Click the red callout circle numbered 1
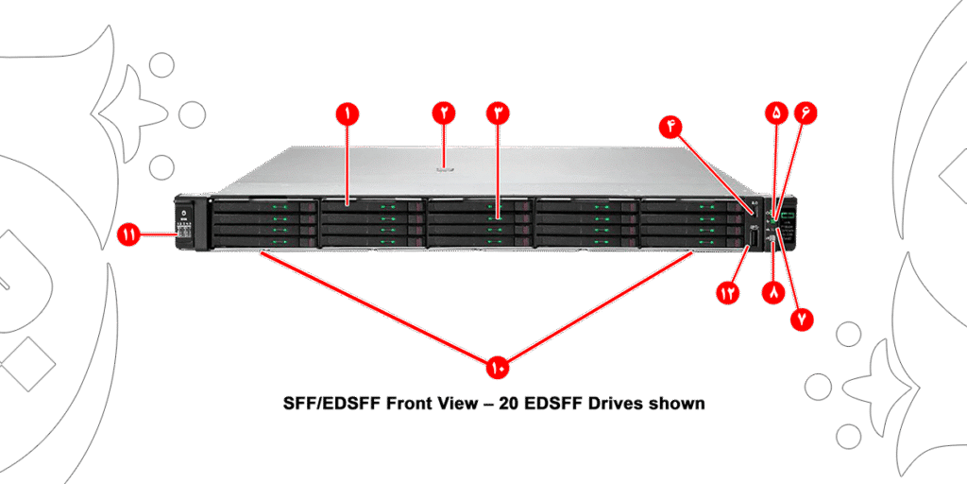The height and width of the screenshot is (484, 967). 348,113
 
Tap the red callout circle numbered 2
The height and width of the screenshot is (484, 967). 444,112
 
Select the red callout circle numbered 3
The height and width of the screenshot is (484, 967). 499,112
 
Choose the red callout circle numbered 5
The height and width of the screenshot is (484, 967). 776,112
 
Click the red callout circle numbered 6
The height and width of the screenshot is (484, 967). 806,112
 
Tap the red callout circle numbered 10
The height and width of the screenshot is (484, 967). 498,364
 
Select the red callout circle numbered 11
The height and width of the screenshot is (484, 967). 129,235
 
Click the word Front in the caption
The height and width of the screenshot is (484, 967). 412,404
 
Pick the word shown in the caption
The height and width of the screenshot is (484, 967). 677,404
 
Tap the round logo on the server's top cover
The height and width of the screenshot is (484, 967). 444,170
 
